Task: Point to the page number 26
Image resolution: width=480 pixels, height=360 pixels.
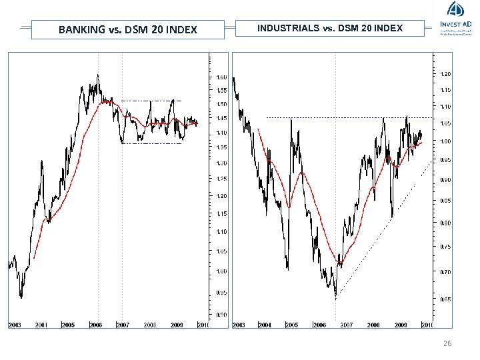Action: click(x=447, y=343)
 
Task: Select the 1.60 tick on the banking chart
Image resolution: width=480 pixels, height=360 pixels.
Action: click(x=222, y=77)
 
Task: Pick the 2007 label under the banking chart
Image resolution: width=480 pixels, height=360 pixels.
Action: click(x=123, y=325)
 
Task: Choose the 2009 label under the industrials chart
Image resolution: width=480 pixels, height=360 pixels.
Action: click(x=401, y=325)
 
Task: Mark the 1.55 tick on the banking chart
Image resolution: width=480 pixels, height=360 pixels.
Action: click(x=222, y=90)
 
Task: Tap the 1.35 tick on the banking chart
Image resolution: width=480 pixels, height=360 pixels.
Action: click(x=222, y=147)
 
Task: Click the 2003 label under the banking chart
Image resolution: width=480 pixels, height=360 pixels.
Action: click(x=15, y=325)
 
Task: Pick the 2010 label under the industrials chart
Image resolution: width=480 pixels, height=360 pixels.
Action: click(x=427, y=325)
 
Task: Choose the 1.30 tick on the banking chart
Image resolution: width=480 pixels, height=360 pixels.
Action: click(x=222, y=163)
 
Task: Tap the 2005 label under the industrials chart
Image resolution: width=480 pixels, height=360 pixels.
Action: click(x=291, y=325)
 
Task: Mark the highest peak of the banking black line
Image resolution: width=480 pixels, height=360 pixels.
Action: click(x=98, y=75)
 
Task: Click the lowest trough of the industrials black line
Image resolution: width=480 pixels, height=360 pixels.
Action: click(x=335, y=297)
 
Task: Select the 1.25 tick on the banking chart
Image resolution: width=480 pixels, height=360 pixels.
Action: click(x=222, y=179)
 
